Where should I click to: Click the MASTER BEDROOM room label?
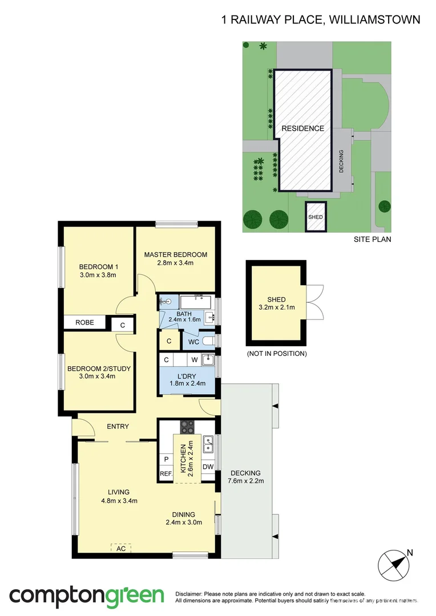pyautogui.click(x=175, y=254)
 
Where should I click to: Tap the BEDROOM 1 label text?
pyautogui.click(x=98, y=266)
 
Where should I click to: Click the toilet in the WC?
pyautogui.click(x=209, y=342)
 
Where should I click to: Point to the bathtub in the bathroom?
pyautogui.click(x=196, y=302)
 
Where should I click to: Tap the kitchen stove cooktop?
pyautogui.click(x=187, y=427)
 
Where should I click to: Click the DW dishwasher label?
pyautogui.click(x=208, y=467)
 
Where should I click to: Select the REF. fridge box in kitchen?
pyautogui.click(x=165, y=474)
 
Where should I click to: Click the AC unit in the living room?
pyautogui.click(x=121, y=548)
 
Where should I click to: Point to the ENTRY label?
pyautogui.click(x=118, y=426)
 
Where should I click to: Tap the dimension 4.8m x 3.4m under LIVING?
pyautogui.click(x=120, y=501)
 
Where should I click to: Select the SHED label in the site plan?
pyautogui.click(x=315, y=217)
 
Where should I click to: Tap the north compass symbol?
pyautogui.click(x=394, y=564)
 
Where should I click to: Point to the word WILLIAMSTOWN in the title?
pyautogui.click(x=376, y=20)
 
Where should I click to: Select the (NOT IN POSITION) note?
pyautogui.click(x=277, y=354)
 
